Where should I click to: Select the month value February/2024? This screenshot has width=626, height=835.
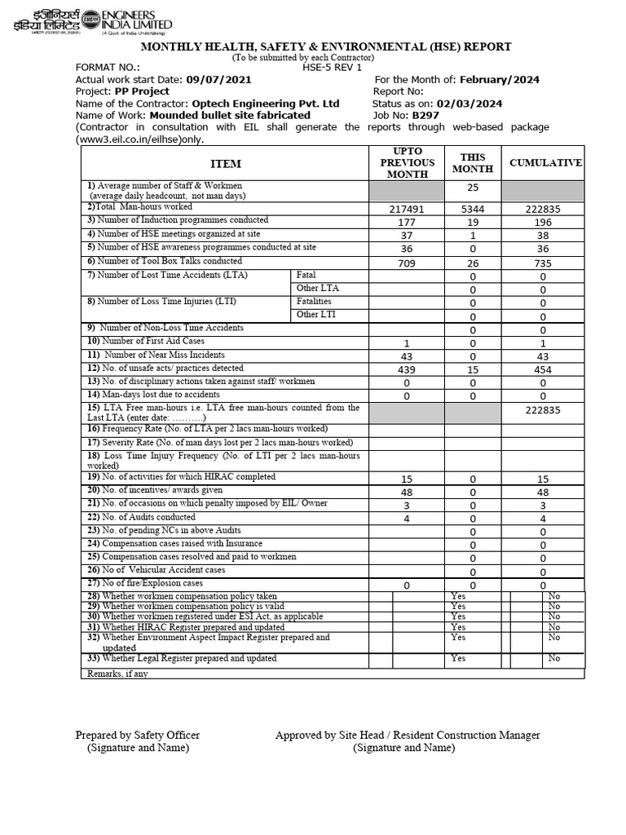pyautogui.click(x=499, y=80)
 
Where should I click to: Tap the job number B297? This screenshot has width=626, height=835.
pyautogui.click(x=425, y=116)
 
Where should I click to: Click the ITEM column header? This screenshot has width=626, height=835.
pyautogui.click(x=226, y=164)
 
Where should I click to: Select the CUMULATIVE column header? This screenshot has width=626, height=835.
pyautogui.click(x=545, y=163)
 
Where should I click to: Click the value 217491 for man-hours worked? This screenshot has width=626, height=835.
pyautogui.click(x=407, y=210)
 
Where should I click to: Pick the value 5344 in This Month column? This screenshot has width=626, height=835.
pyautogui.click(x=472, y=210)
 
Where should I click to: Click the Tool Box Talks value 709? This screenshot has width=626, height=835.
pyautogui.click(x=407, y=263)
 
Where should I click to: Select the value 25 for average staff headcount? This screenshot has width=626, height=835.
pyautogui.click(x=472, y=189)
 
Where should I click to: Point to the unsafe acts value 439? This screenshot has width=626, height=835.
pyautogui.click(x=407, y=370)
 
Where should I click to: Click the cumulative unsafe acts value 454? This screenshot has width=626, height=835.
pyautogui.click(x=543, y=370)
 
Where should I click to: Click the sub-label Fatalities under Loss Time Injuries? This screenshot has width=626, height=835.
pyautogui.click(x=314, y=301)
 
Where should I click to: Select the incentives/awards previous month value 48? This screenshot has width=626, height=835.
pyautogui.click(x=407, y=493)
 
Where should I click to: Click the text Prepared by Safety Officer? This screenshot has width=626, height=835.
pyautogui.click(x=138, y=736)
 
